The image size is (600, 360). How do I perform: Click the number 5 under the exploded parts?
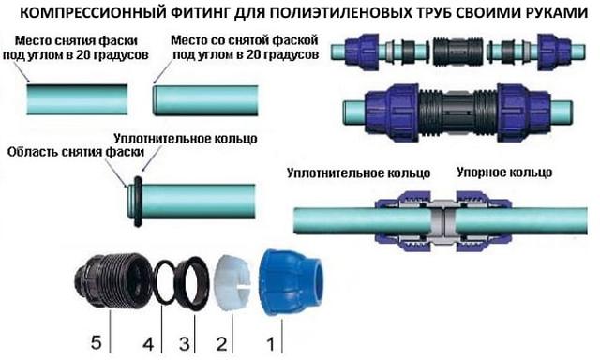tap(96, 341)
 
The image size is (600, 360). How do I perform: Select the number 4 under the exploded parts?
tap(148, 343)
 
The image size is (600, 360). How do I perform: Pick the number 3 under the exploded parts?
tap(185, 343)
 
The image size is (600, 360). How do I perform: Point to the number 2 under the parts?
tap(221, 343)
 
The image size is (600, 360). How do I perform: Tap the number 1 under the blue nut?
tap(271, 343)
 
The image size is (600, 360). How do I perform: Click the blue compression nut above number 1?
tap(291, 282)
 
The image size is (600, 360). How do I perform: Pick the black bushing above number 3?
tap(192, 282)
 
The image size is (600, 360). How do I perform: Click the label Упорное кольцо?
tap(504, 172)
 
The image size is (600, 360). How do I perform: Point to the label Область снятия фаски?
tap(76, 152)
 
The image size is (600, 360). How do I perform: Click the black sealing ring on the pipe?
tap(138, 202)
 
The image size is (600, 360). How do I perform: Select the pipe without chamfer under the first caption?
tap(77, 99)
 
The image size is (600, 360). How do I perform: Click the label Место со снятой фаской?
tap(245, 40)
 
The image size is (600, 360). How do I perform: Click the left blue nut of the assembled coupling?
tap(393, 112)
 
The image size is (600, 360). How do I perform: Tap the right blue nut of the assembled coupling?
tap(523, 112)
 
